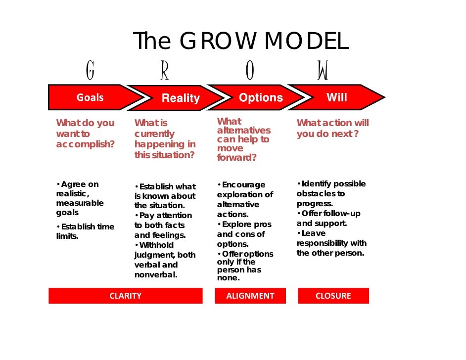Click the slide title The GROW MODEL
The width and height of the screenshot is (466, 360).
240,42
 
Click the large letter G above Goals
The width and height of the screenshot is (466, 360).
90,71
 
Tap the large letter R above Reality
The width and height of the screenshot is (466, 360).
165,71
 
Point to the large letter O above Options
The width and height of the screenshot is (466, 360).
250,71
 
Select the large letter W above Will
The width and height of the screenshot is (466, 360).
323,71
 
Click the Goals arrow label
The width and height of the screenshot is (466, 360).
90,97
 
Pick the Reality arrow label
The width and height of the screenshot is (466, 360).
181,98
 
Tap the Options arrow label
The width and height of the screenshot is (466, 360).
261,98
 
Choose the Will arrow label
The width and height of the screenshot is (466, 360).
336,97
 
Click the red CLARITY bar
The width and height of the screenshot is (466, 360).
125,296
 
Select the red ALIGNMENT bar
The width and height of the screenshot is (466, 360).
250,296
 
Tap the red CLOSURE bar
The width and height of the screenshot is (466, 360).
333,296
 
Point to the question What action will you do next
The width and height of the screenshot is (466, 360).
332,129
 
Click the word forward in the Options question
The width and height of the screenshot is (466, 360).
236,158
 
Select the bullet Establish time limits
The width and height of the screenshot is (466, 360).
85,231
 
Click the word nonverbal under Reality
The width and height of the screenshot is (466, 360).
155,275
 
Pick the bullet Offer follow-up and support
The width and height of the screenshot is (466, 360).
328,218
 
